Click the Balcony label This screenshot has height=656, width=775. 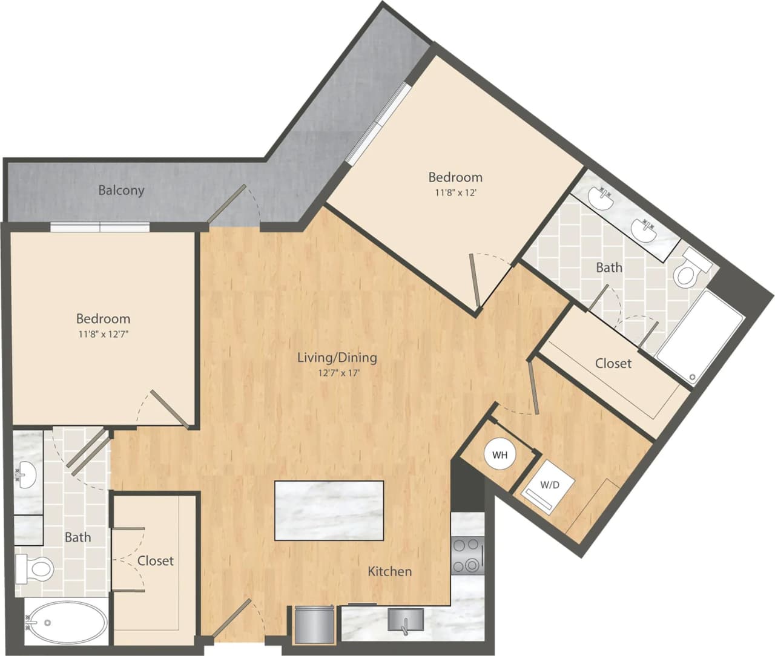(x=121, y=190)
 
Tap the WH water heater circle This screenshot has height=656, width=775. (x=500, y=454)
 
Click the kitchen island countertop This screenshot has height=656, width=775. (x=329, y=510)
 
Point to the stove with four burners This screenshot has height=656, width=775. (x=467, y=556)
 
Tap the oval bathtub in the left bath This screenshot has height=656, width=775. (x=65, y=622)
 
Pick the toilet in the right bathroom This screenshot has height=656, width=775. (x=689, y=271)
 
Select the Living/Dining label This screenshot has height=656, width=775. (x=337, y=357)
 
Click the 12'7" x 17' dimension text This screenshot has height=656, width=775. (x=339, y=373)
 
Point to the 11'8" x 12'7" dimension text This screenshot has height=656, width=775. (x=103, y=333)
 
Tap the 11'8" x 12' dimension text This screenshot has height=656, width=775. (x=455, y=192)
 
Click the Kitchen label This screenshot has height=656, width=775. (x=390, y=571)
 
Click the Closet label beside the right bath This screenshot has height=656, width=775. (x=613, y=363)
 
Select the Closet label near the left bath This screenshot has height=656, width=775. (x=156, y=561)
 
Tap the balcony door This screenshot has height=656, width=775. (x=227, y=204)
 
